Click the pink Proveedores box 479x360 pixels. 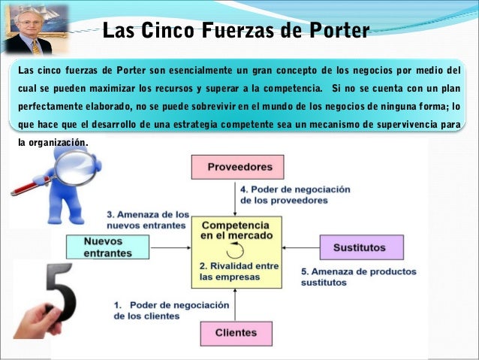(236, 166)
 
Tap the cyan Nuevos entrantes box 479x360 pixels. (110, 247)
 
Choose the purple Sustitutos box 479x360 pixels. (360, 247)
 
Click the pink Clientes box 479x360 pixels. (236, 333)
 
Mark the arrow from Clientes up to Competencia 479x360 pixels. (236, 304)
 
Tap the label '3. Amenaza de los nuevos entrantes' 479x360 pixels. (147, 218)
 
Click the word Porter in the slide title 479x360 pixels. (336, 31)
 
